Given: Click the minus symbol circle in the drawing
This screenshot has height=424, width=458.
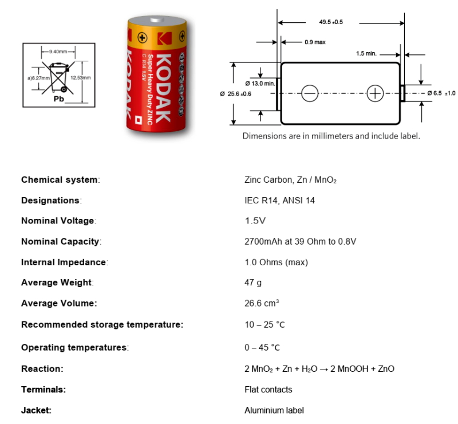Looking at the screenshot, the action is [310, 93].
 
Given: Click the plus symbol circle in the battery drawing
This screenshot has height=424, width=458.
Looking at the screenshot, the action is [375, 93].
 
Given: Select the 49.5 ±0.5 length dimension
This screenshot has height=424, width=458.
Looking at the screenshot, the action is [331, 22].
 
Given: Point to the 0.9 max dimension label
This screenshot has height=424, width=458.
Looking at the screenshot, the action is [315, 42].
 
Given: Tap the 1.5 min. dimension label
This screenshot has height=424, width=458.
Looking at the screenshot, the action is [366, 53].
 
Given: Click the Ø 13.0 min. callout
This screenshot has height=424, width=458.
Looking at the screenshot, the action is [260, 84].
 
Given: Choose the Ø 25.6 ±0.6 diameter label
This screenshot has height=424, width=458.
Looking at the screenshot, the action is [235, 94].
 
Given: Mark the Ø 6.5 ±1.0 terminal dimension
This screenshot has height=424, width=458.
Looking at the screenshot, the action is [441, 93].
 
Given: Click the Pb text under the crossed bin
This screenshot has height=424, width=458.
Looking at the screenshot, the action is [59, 99].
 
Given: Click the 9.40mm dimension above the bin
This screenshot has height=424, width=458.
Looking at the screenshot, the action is [58, 52].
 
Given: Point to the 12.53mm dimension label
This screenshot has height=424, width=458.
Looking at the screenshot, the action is [81, 78].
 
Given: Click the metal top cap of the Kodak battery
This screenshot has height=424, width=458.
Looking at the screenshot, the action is [157, 21].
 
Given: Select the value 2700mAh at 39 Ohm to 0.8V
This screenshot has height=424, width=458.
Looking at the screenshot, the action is [300, 242].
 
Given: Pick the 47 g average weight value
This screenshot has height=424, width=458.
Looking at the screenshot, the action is [253, 283].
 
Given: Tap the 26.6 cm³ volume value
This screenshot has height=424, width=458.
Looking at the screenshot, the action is [262, 303].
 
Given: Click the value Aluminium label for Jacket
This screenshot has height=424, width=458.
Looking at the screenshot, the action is [274, 411].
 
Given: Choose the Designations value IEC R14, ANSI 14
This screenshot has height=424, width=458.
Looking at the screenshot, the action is [279, 201].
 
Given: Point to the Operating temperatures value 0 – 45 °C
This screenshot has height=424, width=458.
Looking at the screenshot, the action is [262, 348].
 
